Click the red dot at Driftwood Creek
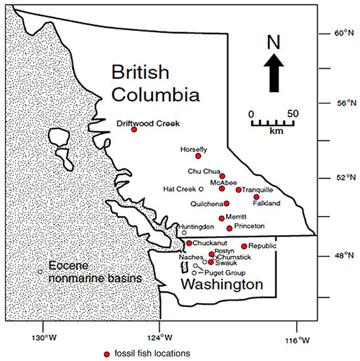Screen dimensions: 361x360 point(134,129)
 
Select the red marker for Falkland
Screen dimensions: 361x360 point(256,196)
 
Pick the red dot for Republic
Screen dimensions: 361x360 point(244,246)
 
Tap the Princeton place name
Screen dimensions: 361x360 point(250,226)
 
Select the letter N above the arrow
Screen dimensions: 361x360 point(275,43)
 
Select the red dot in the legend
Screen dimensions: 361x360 point(106,354)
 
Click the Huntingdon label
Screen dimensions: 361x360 point(195,227)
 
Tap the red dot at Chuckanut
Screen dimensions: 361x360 point(189,243)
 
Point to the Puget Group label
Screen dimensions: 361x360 point(225,272)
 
